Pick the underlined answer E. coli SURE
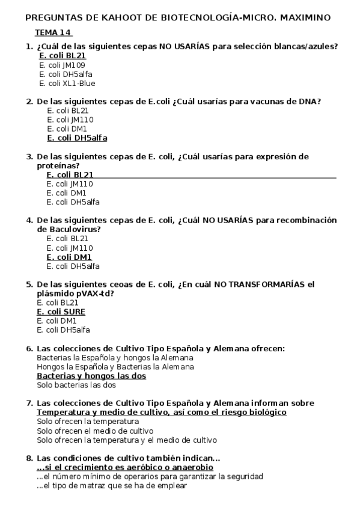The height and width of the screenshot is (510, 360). pos(61,312)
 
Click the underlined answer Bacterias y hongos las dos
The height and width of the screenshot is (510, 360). pos(91,376)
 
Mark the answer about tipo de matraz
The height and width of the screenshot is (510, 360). pos(112,486)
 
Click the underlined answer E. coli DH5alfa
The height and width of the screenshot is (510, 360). pos(77,138)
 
